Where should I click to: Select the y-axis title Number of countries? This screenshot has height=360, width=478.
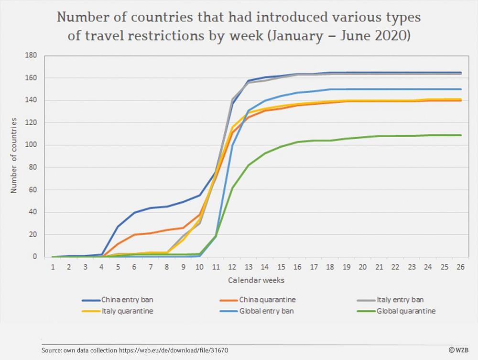[x=14, y=156]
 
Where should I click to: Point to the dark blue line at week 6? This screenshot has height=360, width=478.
[x=134, y=212]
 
